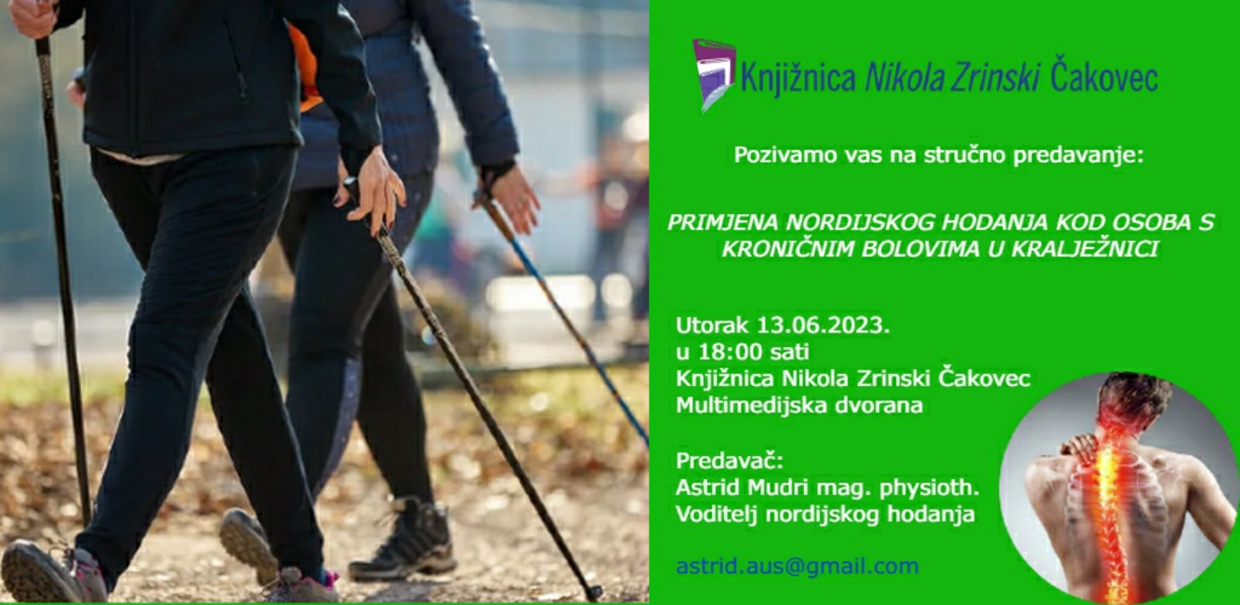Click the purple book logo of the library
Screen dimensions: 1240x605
point(714,74)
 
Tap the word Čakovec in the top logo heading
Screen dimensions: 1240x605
point(1104,76)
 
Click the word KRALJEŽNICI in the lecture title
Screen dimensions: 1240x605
point(1084,249)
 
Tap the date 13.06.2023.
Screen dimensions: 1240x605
point(822,325)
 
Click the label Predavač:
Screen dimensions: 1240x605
point(729,461)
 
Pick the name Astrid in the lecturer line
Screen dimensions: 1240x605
point(708,488)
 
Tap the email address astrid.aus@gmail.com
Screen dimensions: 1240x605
point(797,567)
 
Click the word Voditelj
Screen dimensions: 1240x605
point(717,514)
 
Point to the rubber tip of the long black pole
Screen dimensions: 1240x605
point(593,593)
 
